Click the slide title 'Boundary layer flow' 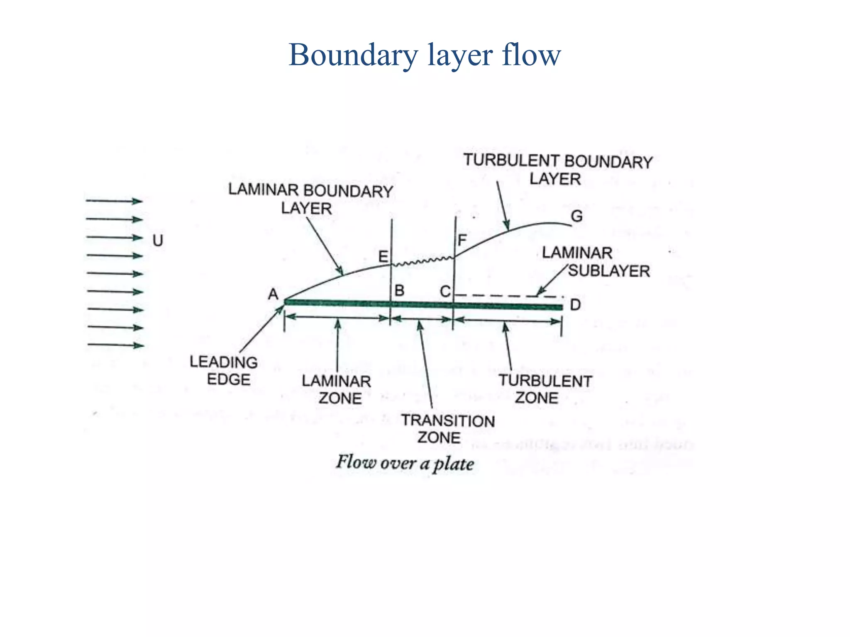425,55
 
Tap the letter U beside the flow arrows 158,241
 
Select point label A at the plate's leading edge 273,294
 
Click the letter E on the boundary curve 383,257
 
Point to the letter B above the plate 399,290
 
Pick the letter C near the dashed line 445,292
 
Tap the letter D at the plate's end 575,305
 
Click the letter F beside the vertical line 462,241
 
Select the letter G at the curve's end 577,216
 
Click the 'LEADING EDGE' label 224,370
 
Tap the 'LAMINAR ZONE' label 337,389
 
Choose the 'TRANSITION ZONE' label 447,429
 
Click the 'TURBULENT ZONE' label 545,389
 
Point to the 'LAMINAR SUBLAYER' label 596,262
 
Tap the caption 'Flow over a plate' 405,463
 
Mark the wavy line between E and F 423,261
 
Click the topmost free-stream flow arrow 114,201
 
